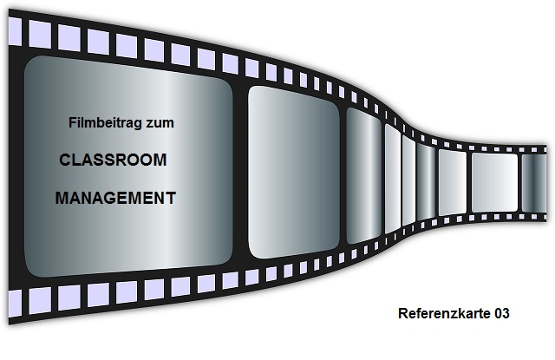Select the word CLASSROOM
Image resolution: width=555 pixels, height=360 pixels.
(112, 161)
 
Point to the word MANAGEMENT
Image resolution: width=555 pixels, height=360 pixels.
(115, 199)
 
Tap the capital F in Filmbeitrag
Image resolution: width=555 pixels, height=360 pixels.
(72, 124)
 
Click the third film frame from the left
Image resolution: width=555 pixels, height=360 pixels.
(364, 171)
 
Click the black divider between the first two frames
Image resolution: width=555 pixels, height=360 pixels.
(241, 170)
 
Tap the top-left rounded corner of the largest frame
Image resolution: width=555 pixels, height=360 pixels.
(30, 62)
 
